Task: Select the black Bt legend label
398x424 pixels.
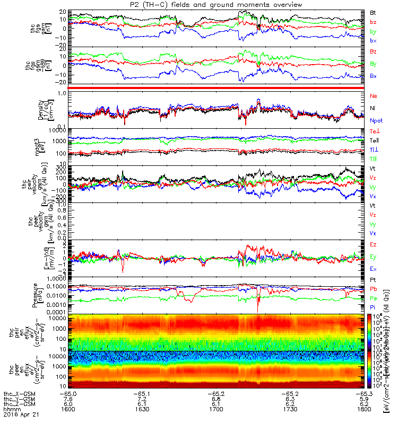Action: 373,12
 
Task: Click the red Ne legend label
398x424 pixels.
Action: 374,96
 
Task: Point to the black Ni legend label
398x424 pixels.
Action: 373,108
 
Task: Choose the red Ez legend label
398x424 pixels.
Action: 373,245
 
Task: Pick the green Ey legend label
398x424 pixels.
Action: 373,257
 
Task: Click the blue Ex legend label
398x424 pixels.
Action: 373,269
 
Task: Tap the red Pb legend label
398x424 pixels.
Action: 373,289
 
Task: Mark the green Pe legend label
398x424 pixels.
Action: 373,299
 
